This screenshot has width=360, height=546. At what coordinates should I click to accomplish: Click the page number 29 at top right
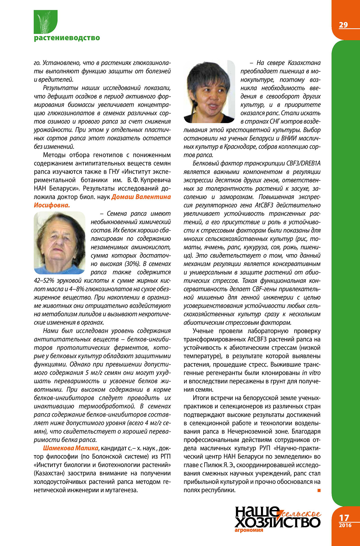pyautogui.click(x=343, y=25)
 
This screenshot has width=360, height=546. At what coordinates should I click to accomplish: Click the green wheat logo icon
pyautogui.click(x=46, y=22)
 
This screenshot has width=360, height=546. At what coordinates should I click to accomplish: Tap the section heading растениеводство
pyautogui.click(x=67, y=38)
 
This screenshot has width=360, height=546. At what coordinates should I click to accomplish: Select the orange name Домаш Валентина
pyautogui.click(x=141, y=197)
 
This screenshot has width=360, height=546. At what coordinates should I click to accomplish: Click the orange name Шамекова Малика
pyautogui.click(x=71, y=448)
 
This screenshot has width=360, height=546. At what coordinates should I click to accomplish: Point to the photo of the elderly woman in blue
pyautogui.click(x=59, y=243)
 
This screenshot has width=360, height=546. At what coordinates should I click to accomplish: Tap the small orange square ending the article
pyautogui.click(x=319, y=490)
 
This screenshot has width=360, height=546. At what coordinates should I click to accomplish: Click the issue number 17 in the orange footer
pyautogui.click(x=344, y=518)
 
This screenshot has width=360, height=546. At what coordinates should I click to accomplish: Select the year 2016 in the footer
pyautogui.click(x=345, y=525)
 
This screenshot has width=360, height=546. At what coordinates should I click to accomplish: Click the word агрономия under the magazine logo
pyautogui.click(x=249, y=530)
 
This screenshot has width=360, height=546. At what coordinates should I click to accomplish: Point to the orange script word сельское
pyautogui.click(x=301, y=514)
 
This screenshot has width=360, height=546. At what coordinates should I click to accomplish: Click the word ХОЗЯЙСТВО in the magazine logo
pyautogui.click(x=277, y=522)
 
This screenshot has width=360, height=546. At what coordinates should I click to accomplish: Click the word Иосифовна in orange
pyautogui.click(x=52, y=205)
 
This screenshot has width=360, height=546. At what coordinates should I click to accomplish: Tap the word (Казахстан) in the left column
pyautogui.click(x=50, y=473)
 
